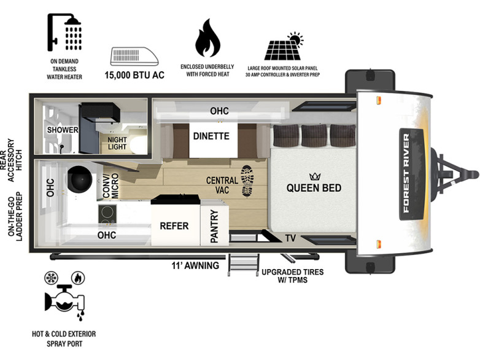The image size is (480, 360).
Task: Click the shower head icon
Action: tap(64, 32)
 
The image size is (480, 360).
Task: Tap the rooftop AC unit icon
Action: tap(134, 56)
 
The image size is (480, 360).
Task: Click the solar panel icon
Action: tap(284, 46)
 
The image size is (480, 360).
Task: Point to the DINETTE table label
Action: tap(211, 136)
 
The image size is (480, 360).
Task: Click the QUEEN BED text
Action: tap(314, 188)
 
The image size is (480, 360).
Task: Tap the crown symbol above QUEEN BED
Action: tap(315, 176)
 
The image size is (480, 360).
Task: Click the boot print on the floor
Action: tap(247, 181)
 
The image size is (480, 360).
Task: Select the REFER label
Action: tap(174, 226)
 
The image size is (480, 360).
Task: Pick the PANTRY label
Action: tap(214, 226)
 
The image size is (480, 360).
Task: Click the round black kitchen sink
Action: tap(80, 179)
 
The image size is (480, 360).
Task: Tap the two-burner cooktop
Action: tap(107, 214)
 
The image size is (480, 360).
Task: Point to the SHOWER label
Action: tap(63, 130)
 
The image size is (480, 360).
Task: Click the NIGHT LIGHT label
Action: tap(117, 143)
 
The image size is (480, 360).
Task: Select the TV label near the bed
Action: tap(290, 238)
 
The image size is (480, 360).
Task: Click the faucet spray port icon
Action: tap(65, 302)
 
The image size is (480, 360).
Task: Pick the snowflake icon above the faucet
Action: tap(51, 278)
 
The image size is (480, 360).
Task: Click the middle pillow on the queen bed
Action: tap(314, 135)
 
